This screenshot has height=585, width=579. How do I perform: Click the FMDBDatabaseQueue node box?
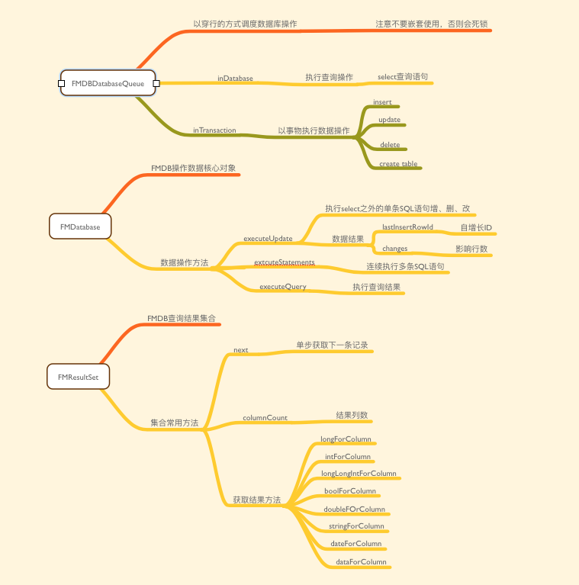point(108,83)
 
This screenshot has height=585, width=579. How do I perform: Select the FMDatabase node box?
point(80,227)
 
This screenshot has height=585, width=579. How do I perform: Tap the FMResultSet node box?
point(78,377)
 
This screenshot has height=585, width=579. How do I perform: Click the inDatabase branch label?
point(235,79)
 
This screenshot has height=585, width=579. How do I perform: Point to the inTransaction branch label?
point(214,130)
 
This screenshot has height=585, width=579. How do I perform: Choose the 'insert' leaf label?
point(382,102)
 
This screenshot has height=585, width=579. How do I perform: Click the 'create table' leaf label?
point(398,164)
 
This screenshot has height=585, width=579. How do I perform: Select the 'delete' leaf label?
point(390,144)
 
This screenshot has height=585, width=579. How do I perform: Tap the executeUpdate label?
point(268,239)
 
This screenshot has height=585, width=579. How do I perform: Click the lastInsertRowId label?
point(407,227)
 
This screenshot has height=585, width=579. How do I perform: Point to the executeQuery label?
point(283,287)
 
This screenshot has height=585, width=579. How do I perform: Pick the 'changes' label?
point(394,249)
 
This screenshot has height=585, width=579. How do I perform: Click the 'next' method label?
point(240,350)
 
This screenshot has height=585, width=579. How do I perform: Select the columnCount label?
point(265,418)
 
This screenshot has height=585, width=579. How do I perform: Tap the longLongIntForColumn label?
point(359,474)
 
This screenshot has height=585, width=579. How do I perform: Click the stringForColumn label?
point(356,526)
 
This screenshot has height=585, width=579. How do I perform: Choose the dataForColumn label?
point(361,562)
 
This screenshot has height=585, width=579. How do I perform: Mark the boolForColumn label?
point(350,491)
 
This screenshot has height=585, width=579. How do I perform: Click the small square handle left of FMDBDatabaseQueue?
point(61,83)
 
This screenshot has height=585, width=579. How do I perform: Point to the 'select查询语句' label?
point(402,78)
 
